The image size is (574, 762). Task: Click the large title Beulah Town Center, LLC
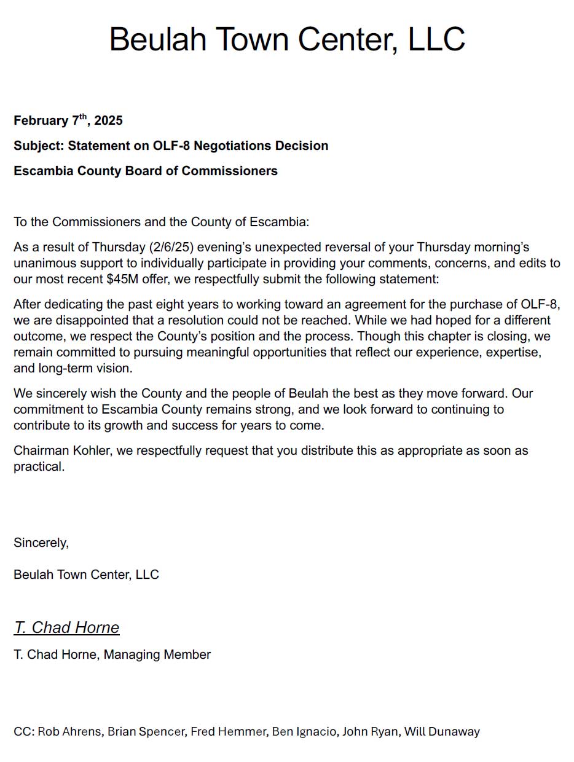pyautogui.click(x=287, y=39)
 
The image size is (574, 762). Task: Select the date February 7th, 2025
pyautogui.click(x=68, y=120)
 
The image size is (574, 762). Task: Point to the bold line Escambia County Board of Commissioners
pyautogui.click(x=146, y=171)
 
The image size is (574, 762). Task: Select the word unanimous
pyautogui.click(x=43, y=263)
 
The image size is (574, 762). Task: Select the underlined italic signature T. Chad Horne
pyautogui.click(x=66, y=627)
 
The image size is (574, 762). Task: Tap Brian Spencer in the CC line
pyautogui.click(x=146, y=731)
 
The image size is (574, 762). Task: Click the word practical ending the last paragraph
pyautogui.click(x=38, y=466)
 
